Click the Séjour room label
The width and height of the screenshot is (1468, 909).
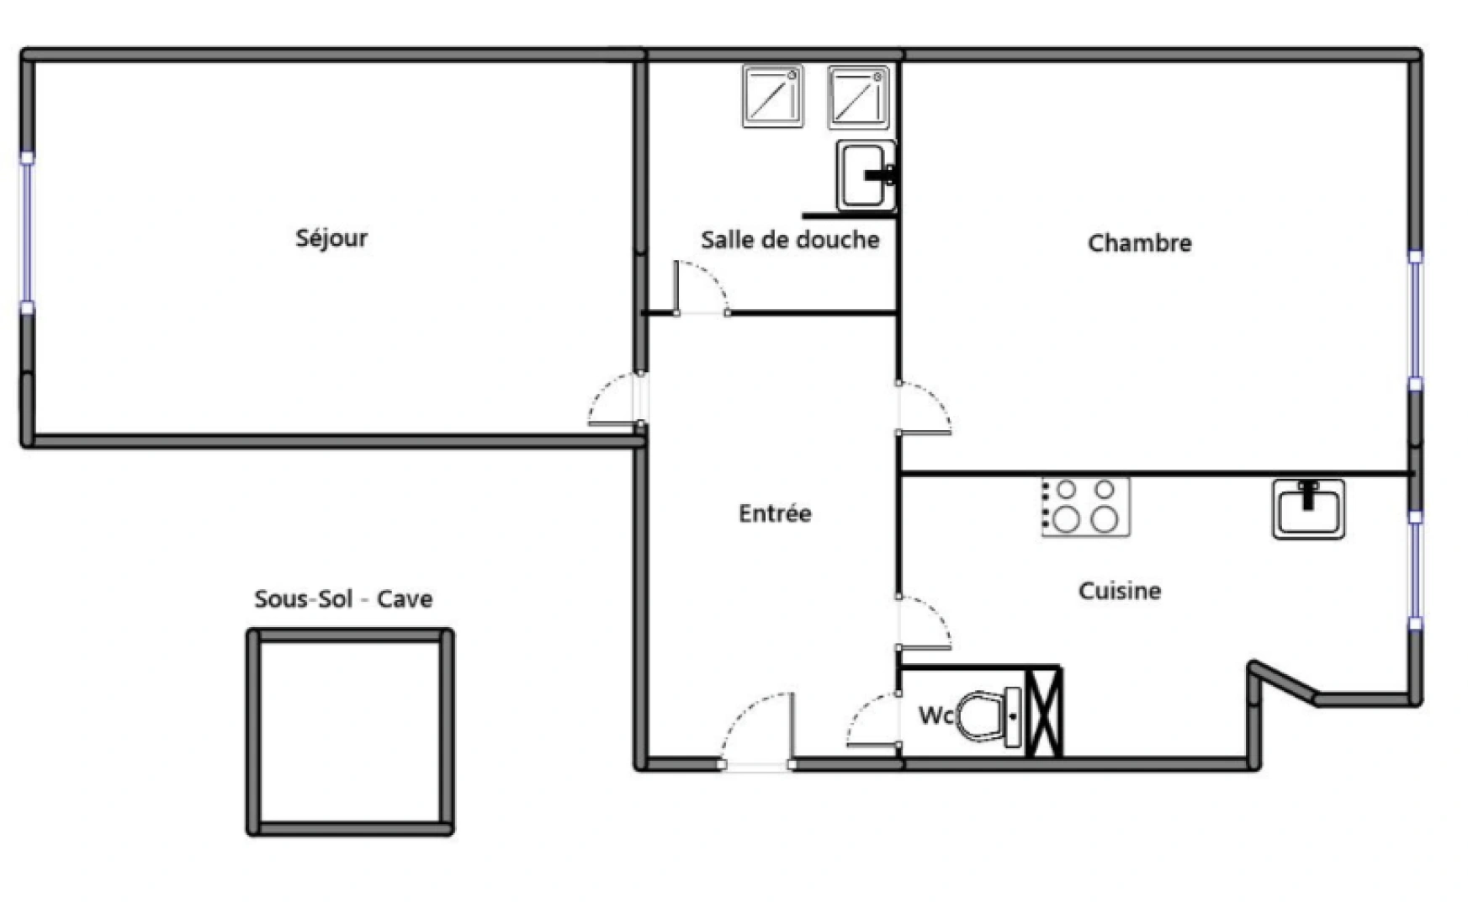(331, 238)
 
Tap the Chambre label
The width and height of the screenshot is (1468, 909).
(1139, 243)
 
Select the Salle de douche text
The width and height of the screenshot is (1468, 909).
(790, 240)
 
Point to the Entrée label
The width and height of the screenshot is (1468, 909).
(775, 513)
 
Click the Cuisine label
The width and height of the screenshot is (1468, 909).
(1120, 591)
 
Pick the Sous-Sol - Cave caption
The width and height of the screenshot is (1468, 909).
(343, 599)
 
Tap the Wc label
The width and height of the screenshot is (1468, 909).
(935, 715)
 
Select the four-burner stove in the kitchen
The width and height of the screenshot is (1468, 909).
(1085, 507)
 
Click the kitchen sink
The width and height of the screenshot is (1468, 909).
(1308, 508)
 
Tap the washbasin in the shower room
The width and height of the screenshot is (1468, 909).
(865, 175)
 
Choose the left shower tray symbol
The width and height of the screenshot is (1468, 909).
(772, 97)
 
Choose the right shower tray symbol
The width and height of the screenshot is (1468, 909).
(858, 97)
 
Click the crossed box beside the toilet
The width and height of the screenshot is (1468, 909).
(1045, 710)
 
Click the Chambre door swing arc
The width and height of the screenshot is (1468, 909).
(925, 408)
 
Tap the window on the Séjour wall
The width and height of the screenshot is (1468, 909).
(27, 232)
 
